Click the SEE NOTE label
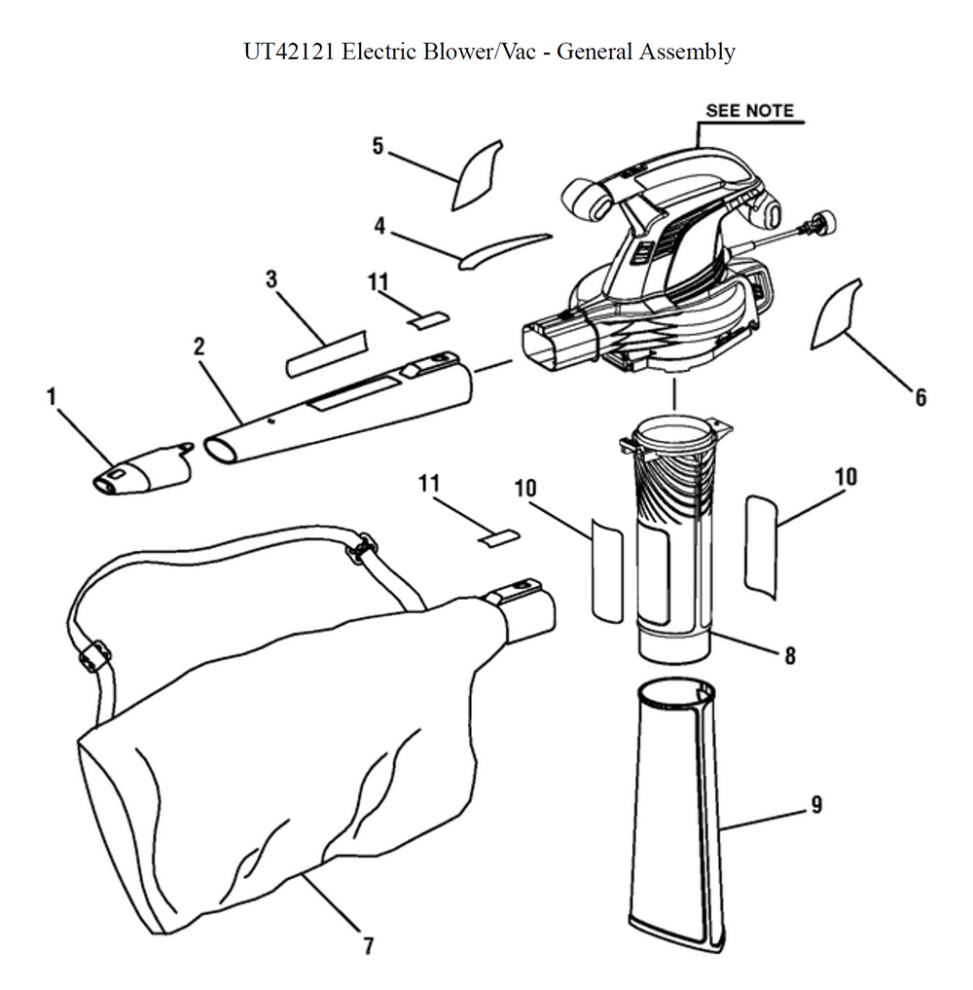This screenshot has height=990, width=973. click(749, 111)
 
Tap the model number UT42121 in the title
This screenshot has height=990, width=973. click(288, 52)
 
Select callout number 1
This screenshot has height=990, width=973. click(52, 396)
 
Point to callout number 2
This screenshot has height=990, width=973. click(198, 346)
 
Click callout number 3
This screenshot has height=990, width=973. click(271, 279)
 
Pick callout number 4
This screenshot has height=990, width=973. click(379, 226)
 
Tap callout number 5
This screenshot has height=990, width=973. click(378, 146)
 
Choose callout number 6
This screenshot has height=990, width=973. click(920, 397)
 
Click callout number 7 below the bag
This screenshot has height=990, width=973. click(369, 945)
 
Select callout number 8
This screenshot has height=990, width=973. click(790, 655)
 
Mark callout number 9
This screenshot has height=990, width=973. click(816, 804)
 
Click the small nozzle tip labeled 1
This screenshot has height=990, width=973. click(143, 470)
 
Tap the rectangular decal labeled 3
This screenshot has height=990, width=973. click(327, 354)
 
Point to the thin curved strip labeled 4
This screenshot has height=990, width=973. click(503, 251)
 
